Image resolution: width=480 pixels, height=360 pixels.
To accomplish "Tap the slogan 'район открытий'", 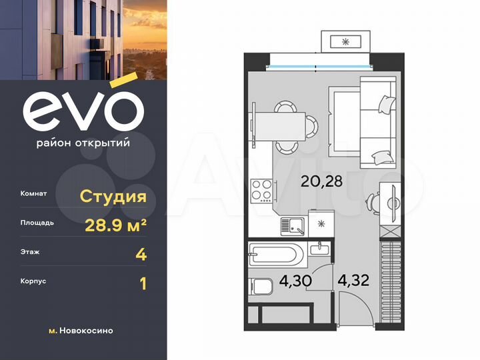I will coord(83,142).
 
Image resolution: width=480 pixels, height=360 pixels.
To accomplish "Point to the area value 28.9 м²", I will coord(115,225).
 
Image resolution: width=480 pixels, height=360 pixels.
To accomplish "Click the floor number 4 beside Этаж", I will coord(141,254).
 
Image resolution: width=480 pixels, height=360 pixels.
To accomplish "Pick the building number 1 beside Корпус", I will coord(142,283).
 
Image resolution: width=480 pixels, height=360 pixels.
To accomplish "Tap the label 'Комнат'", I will coord(33,194).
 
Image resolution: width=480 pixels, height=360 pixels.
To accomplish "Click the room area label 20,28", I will coord(324,180).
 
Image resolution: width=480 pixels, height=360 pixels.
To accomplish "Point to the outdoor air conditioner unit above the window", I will coord(345,41).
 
